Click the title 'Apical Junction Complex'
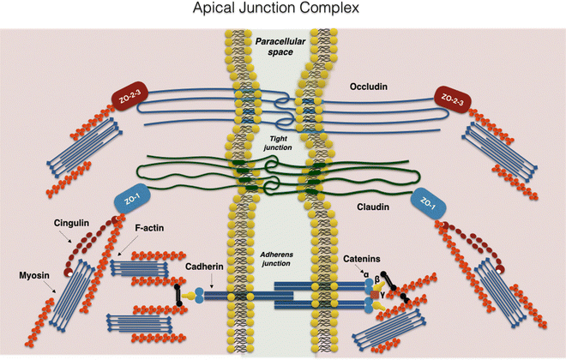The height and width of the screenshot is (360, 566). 282,13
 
